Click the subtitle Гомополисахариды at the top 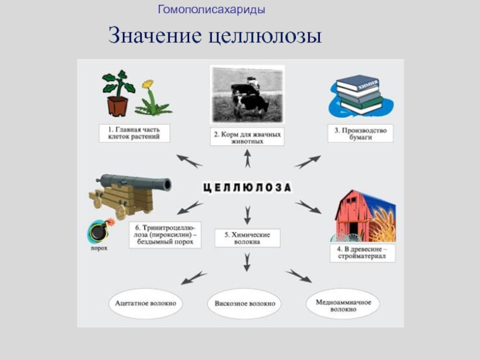coord(211,10)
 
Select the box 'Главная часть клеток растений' coord(134,133)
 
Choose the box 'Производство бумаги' coord(360,133)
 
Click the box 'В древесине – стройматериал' coord(362,252)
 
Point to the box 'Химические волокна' coord(247,238)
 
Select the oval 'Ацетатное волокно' coord(146,303)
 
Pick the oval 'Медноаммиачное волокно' coord(344,305)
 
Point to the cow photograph coord(247,94)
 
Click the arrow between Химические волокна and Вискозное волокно coord(247,262)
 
